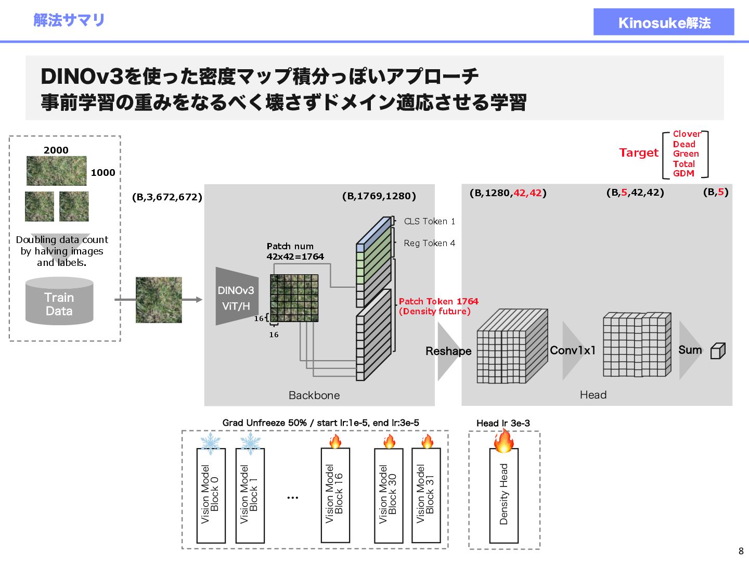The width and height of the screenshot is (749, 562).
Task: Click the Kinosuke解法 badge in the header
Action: coord(664,22)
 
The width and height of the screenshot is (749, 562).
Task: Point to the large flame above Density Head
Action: coord(503,440)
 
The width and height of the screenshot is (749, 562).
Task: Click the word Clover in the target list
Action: coord(687,134)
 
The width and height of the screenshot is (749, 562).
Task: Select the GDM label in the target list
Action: coord(683,173)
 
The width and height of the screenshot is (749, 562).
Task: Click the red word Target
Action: coord(639,152)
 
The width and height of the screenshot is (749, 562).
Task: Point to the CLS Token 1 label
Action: coord(429,221)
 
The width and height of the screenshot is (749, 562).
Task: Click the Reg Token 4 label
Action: coord(429,243)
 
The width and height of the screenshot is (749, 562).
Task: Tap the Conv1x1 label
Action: coord(573,350)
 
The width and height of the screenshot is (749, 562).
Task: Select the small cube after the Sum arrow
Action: coord(718,351)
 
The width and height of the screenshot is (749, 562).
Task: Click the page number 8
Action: coord(741,551)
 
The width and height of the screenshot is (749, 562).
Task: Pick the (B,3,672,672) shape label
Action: coord(167,197)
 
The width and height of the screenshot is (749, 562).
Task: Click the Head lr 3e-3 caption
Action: coord(503,423)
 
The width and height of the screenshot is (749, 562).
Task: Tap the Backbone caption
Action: coord(314,395)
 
